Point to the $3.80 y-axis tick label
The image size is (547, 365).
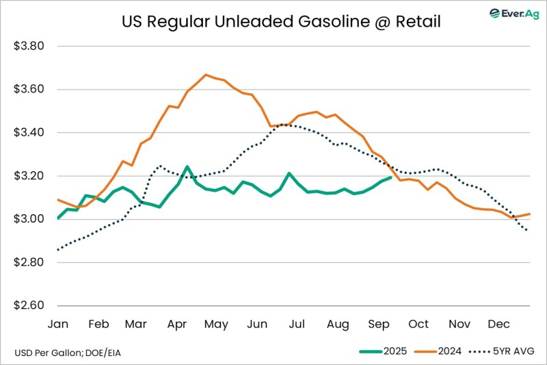[x=29, y=47]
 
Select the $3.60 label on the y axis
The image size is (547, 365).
[x=29, y=90]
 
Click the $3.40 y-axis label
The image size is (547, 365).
[x=29, y=133]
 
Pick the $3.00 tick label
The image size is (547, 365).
[x=29, y=219]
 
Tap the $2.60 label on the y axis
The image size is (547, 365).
[x=29, y=305]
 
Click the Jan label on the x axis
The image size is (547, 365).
[x=58, y=324]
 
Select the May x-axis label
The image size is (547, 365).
[x=217, y=324]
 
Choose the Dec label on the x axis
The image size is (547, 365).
[x=498, y=324]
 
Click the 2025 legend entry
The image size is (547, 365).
[x=385, y=351]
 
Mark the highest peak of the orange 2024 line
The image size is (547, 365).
[x=205, y=75]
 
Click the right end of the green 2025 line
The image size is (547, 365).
[x=390, y=178]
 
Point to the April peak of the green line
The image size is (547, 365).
[x=187, y=166]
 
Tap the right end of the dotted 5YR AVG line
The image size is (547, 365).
[x=528, y=231]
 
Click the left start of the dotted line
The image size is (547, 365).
[x=58, y=249]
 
